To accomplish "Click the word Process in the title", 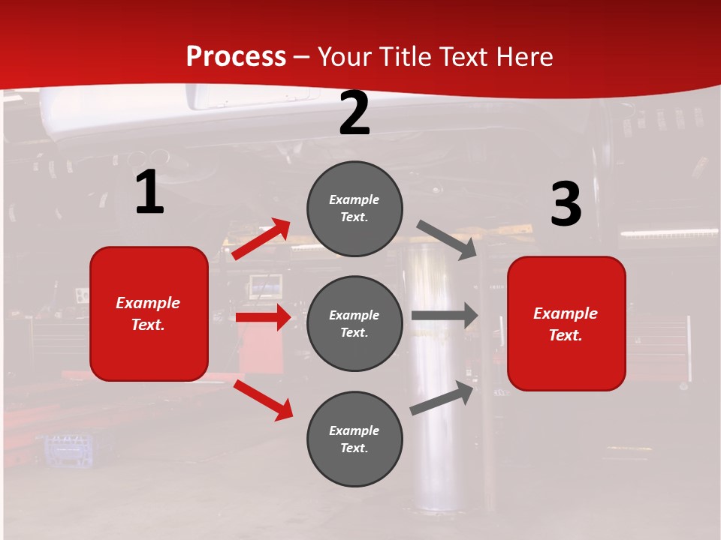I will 236,56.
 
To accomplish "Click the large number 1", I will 149,193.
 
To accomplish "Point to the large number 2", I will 354,114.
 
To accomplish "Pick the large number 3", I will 566,205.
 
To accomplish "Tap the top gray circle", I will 354,208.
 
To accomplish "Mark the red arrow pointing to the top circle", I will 261,238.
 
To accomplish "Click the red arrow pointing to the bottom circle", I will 263,400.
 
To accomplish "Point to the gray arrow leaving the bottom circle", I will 442,398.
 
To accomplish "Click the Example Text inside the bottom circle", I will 354,439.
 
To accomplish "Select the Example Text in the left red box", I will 148,313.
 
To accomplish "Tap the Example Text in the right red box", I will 566,324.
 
